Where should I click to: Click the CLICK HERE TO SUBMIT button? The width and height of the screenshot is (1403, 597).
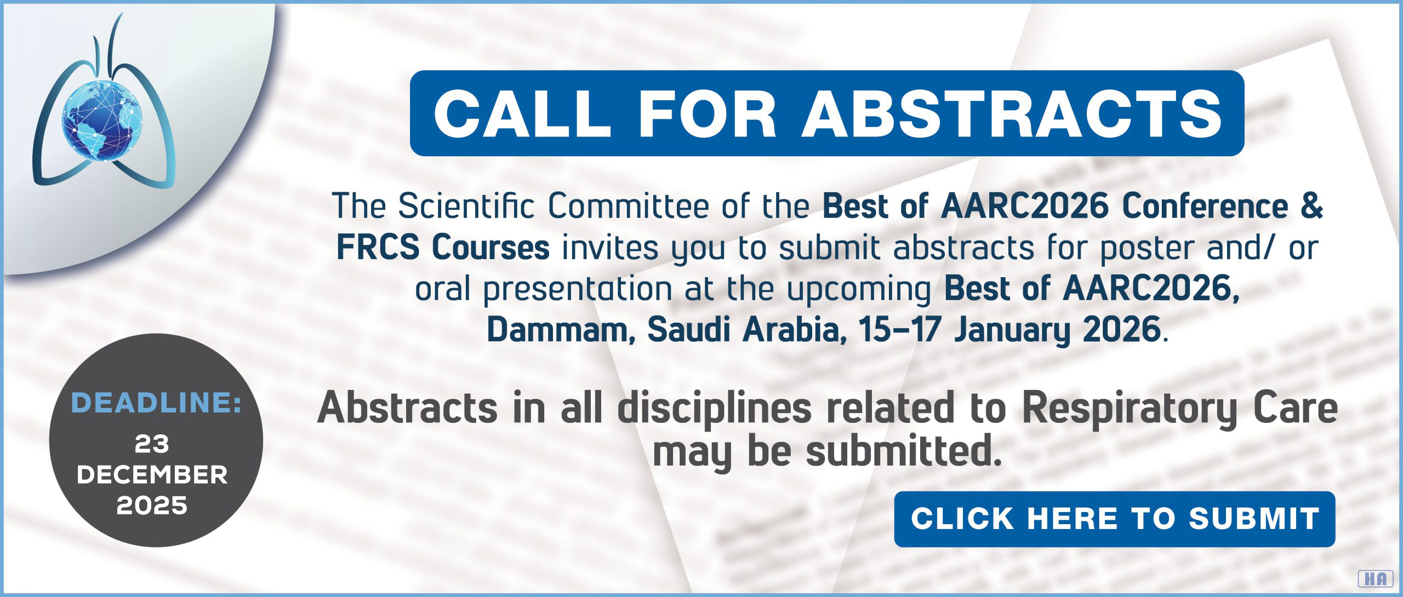[1115, 519]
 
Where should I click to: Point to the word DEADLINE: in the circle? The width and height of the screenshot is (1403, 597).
[156, 403]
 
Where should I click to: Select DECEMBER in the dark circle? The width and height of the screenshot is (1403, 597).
[152, 475]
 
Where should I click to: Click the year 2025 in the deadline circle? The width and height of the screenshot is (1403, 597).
[152, 506]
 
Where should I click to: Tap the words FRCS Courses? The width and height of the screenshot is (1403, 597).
[443, 248]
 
